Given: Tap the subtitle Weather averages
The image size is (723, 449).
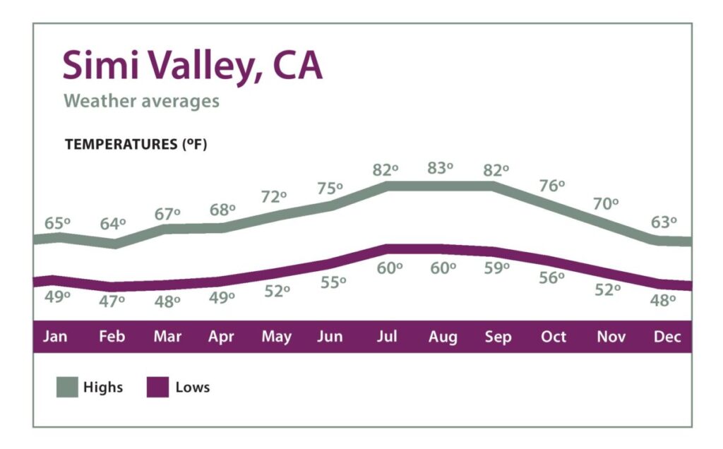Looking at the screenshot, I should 141,101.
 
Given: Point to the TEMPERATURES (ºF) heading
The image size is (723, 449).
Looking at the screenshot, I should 136,144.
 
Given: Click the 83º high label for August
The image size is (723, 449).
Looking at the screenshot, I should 440,169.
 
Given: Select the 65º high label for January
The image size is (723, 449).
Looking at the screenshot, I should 57,223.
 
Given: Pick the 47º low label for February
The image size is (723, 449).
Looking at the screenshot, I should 112,300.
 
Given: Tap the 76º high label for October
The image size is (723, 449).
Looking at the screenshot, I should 551,186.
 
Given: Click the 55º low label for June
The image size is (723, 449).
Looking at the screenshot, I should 333,282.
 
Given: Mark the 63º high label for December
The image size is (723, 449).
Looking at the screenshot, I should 663,222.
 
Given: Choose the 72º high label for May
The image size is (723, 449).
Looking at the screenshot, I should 274,197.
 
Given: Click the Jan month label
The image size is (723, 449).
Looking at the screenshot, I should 55,337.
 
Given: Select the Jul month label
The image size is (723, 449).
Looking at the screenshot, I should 386,337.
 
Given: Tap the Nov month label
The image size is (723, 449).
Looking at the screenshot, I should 611,337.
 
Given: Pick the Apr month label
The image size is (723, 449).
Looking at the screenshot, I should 221,337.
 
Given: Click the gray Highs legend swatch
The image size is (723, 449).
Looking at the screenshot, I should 67,387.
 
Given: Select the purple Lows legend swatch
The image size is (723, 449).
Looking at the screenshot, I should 157,387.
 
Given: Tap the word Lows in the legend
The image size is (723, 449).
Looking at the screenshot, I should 193,387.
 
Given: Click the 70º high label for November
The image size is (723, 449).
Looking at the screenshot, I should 606,204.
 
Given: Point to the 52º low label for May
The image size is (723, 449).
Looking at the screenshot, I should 277,291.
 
